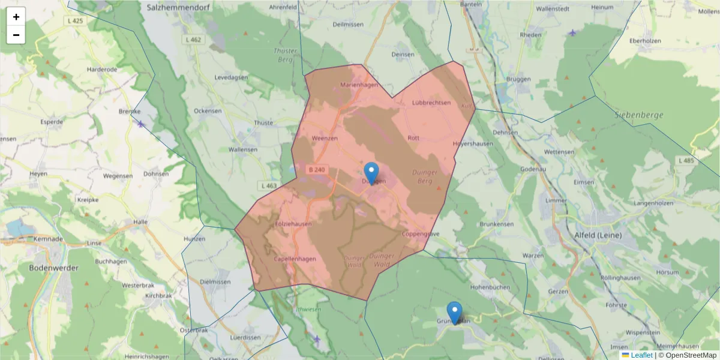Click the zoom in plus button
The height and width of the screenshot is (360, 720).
coord(16,17)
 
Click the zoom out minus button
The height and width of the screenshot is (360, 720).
coord(16,35)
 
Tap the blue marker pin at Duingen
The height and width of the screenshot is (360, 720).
coord(371,172)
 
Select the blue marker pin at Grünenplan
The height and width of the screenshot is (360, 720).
coord(455,311)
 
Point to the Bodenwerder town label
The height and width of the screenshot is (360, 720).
coord(54,268)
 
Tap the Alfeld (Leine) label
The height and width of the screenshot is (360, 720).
coord(598,235)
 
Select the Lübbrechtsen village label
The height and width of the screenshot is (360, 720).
coord(431,103)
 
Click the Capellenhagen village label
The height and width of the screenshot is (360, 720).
coord(295,259)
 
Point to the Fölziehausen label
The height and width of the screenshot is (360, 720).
coord(293,224)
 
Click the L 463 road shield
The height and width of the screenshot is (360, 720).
coord(269,185)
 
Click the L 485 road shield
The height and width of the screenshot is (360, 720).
coord(686,161)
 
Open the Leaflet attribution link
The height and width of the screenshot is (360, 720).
coord(641,355)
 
